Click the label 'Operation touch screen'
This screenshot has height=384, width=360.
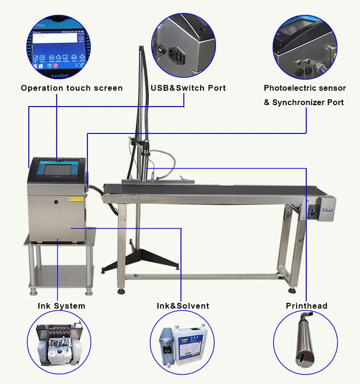click(72, 88)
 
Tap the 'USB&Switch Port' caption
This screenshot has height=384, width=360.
click(188, 88)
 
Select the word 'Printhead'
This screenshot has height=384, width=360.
click(307, 306)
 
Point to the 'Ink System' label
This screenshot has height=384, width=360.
click(61, 306)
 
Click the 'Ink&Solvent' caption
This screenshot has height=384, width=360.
click(183, 306)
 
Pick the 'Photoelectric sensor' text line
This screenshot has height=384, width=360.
click(304, 88)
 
